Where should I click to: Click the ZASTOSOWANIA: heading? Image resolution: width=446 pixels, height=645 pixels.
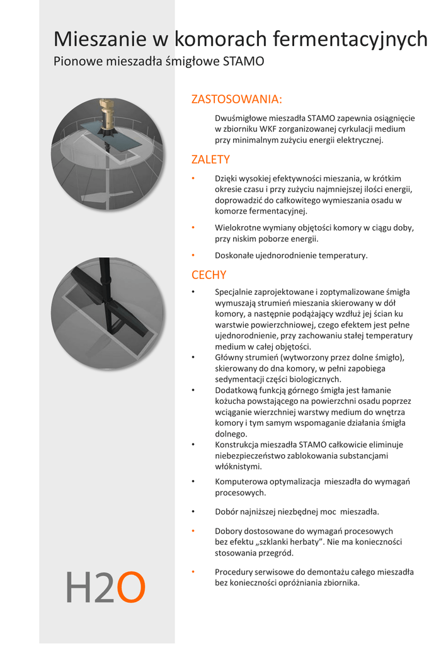tap(236, 100)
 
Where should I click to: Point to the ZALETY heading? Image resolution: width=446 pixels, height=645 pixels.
tap(210, 159)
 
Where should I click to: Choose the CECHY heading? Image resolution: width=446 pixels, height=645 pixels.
tap(209, 275)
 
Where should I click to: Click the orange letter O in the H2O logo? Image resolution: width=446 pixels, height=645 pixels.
tap(131, 588)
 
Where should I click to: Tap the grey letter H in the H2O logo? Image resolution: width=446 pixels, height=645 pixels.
tap(79, 588)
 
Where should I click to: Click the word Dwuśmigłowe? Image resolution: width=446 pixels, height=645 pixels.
tap(241, 118)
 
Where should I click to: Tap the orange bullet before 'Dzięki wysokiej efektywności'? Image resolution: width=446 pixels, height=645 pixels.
tap(194, 179)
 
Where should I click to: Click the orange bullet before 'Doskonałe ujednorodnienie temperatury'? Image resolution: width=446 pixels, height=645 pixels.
tap(194, 256)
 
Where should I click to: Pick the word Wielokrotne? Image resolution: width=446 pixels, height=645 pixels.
tap(237, 228)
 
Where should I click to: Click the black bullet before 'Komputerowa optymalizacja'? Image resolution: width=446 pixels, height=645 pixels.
tap(194, 482)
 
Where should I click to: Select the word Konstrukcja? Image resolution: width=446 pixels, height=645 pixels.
tap(237, 445)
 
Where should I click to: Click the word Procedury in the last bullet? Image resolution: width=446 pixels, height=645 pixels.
tap(234, 572)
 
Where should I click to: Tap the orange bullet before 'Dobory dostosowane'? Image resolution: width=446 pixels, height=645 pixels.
tap(194, 532)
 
